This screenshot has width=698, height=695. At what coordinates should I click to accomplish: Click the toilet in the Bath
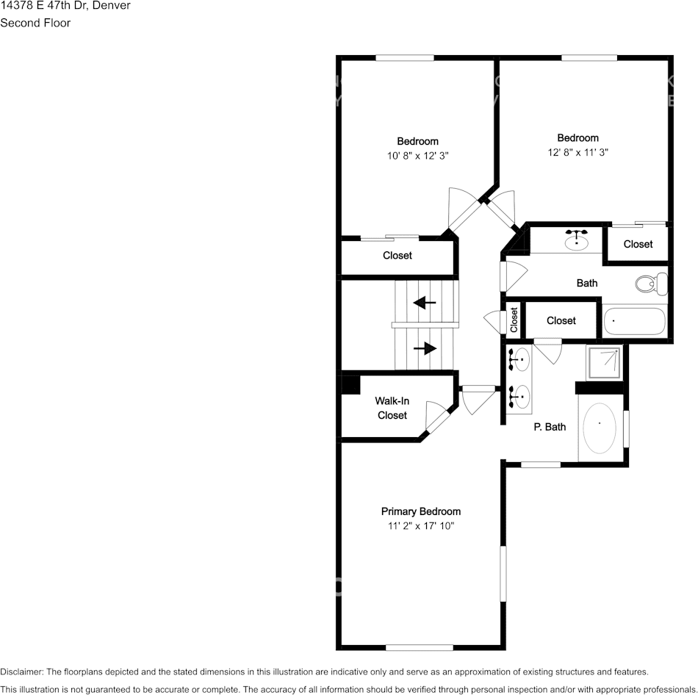pyautogui.click(x=651, y=284)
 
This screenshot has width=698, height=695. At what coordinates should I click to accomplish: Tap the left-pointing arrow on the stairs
pyautogui.click(x=425, y=302)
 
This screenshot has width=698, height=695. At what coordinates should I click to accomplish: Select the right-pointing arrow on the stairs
pyautogui.click(x=425, y=348)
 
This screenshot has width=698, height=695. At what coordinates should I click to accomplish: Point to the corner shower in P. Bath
pyautogui.click(x=604, y=362)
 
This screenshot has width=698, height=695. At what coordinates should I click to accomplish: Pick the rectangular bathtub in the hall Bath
pyautogui.click(x=633, y=322)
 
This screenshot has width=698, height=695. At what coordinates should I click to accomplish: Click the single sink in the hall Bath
pyautogui.click(x=577, y=239)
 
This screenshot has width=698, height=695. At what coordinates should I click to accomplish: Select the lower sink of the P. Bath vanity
pyautogui.click(x=519, y=397)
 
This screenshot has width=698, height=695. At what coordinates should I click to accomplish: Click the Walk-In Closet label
pyautogui.click(x=392, y=408)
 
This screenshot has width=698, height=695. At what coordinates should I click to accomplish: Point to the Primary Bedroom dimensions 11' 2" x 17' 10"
pyautogui.click(x=421, y=526)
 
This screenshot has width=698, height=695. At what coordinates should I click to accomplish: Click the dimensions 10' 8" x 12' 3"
pyautogui.click(x=417, y=156)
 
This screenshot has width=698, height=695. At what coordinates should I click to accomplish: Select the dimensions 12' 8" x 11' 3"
pyautogui.click(x=578, y=152)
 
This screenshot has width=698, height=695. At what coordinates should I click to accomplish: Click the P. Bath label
pyautogui.click(x=549, y=426)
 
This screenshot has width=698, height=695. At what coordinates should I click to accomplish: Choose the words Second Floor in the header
pyautogui.click(x=35, y=23)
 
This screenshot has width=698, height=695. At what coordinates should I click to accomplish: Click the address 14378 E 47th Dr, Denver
pyautogui.click(x=65, y=6)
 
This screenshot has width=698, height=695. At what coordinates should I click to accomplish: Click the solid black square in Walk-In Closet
pyautogui.click(x=350, y=385)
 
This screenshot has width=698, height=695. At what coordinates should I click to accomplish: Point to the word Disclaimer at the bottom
pyautogui.click(x=22, y=671)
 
